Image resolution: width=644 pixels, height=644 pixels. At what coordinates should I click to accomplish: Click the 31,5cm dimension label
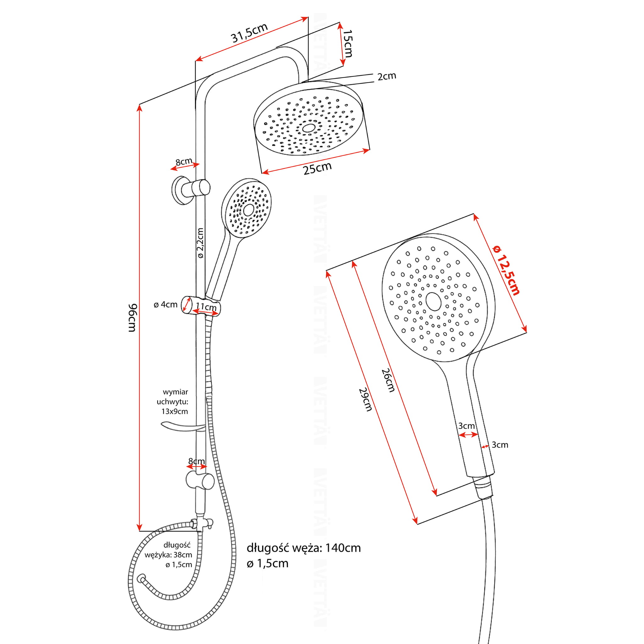[249, 33]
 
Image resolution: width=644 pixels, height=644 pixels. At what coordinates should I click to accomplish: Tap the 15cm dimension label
[348, 44]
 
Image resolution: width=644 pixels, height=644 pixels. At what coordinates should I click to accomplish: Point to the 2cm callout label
[387, 76]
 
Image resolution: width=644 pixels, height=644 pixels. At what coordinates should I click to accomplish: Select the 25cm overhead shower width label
[317, 169]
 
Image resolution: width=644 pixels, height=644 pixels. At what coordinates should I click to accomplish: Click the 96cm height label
[133, 317]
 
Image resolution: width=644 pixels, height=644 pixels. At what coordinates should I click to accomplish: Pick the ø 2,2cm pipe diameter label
[200, 243]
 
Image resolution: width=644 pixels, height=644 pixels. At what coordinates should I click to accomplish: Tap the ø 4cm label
[165, 304]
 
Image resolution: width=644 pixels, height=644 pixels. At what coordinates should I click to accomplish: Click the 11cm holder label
[206, 306]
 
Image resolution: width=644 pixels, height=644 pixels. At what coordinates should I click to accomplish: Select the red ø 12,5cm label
[506, 270]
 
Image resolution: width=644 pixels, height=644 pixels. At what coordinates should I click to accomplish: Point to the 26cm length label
[388, 380]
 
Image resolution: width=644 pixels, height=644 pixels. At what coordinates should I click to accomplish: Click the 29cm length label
[365, 399]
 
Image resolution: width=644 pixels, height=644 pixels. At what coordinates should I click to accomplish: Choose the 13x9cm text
[174, 411]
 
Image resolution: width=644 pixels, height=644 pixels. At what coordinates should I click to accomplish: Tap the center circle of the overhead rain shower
[309, 128]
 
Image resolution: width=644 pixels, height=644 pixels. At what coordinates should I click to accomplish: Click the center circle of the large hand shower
[433, 302]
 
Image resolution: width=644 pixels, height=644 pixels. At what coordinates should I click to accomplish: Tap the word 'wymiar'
[175, 392]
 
